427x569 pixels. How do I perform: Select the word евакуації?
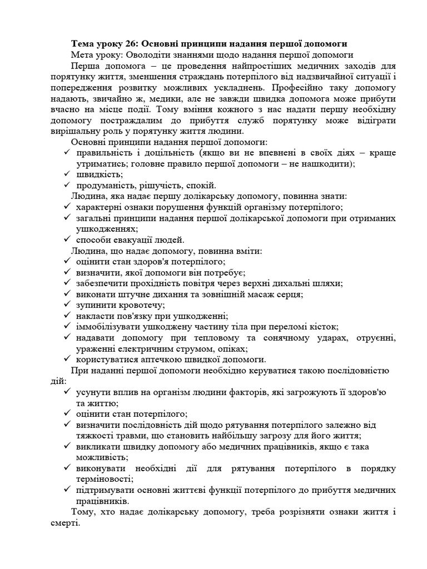coord(134,240)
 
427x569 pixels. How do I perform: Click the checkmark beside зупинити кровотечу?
coord(66,305)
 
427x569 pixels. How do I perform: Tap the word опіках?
coord(232,349)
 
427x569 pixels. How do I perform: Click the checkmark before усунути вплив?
coord(66,392)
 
